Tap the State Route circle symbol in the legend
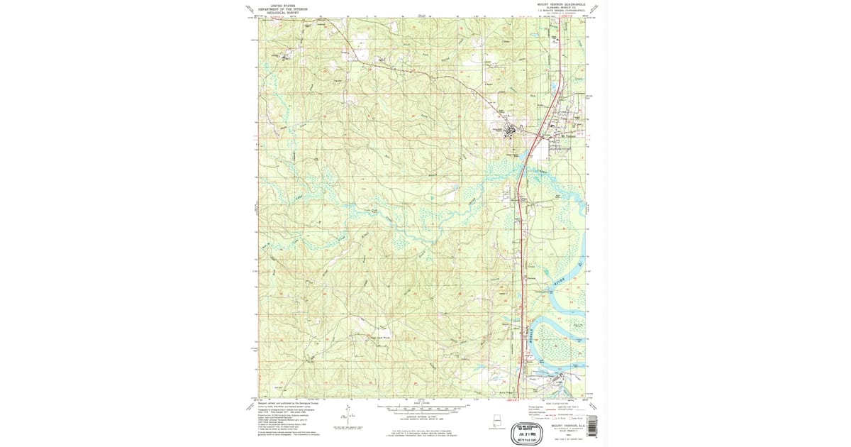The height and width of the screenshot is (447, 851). click(x=566, y=419)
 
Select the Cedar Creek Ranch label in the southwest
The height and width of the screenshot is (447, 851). click(x=377, y=338)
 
